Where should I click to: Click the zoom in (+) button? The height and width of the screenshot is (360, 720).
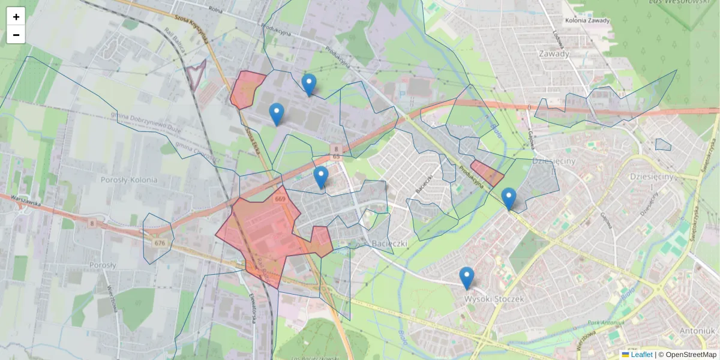point(16,17)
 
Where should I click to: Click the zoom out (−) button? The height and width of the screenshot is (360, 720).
point(16,35)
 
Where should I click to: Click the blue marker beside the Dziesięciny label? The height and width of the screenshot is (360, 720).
point(509,199)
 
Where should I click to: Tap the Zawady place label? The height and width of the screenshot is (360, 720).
point(554,53)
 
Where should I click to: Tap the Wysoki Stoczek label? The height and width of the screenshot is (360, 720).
point(494,298)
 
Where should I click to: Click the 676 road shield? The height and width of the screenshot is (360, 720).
point(160,243)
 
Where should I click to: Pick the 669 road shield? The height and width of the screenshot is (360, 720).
point(280,199)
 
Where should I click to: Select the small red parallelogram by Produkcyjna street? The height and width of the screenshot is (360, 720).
point(487,173)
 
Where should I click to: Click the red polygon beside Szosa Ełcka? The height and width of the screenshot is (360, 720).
point(247,89)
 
